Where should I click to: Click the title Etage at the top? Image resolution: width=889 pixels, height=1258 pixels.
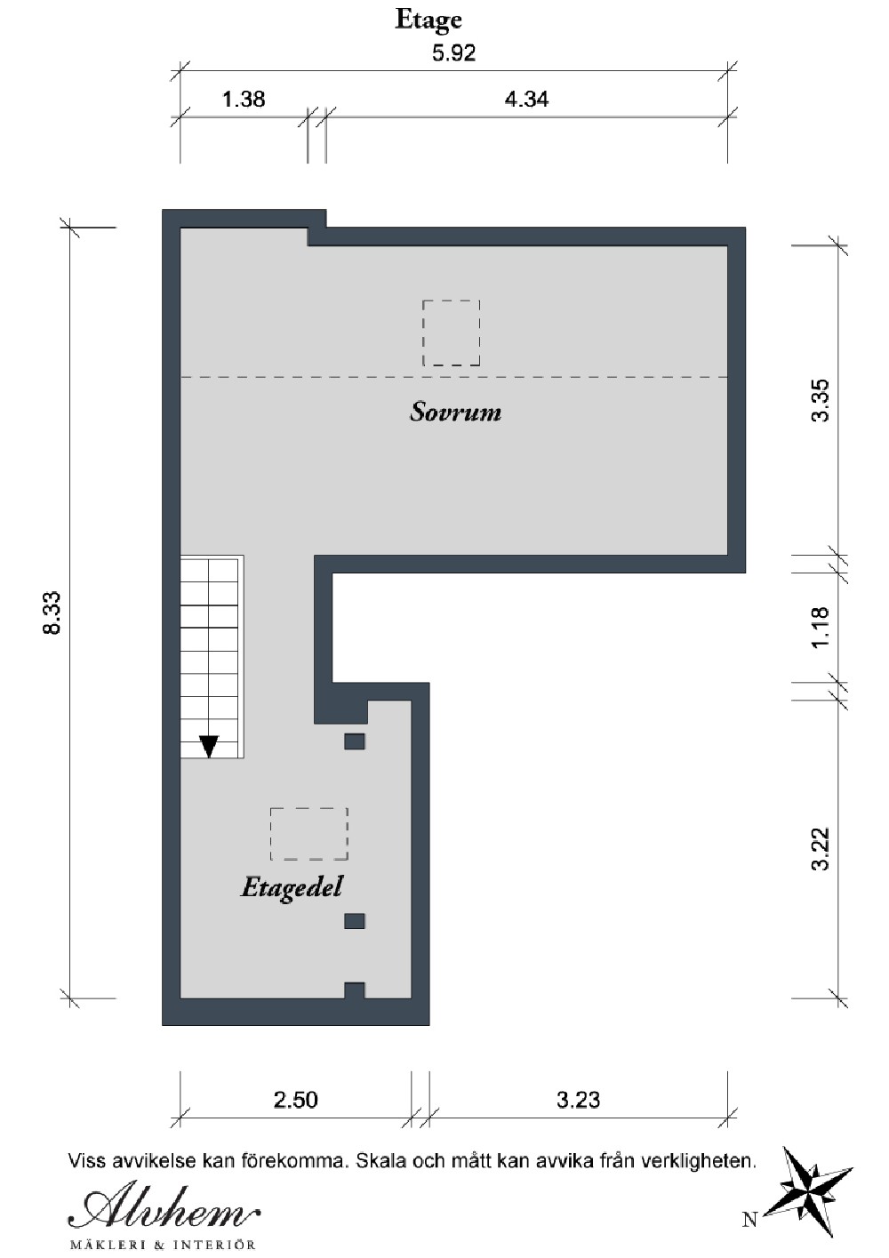428,21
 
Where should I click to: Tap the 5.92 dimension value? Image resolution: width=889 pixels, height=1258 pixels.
453,53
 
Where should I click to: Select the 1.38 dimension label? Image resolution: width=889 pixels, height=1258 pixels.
244,100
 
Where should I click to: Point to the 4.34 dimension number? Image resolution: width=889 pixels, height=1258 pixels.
526,100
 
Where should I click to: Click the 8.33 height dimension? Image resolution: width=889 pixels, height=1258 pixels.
52,613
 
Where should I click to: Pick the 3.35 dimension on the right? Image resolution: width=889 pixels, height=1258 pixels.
821,400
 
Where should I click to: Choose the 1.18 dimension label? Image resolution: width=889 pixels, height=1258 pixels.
821,628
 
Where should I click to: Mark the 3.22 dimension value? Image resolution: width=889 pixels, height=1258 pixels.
821,848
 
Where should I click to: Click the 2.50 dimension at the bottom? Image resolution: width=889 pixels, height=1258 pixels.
296,1100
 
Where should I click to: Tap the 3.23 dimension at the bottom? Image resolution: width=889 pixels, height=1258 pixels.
579,1100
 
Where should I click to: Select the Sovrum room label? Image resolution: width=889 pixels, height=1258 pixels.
455,412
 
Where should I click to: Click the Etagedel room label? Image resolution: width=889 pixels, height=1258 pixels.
292,888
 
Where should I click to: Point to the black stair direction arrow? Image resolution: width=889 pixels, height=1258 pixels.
209,747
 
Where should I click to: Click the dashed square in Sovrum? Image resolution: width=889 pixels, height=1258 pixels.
452,333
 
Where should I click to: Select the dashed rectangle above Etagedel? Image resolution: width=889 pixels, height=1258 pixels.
308,834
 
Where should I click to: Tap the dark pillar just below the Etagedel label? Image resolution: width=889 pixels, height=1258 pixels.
355,921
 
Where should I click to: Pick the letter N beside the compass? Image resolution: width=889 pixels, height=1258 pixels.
750,1219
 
